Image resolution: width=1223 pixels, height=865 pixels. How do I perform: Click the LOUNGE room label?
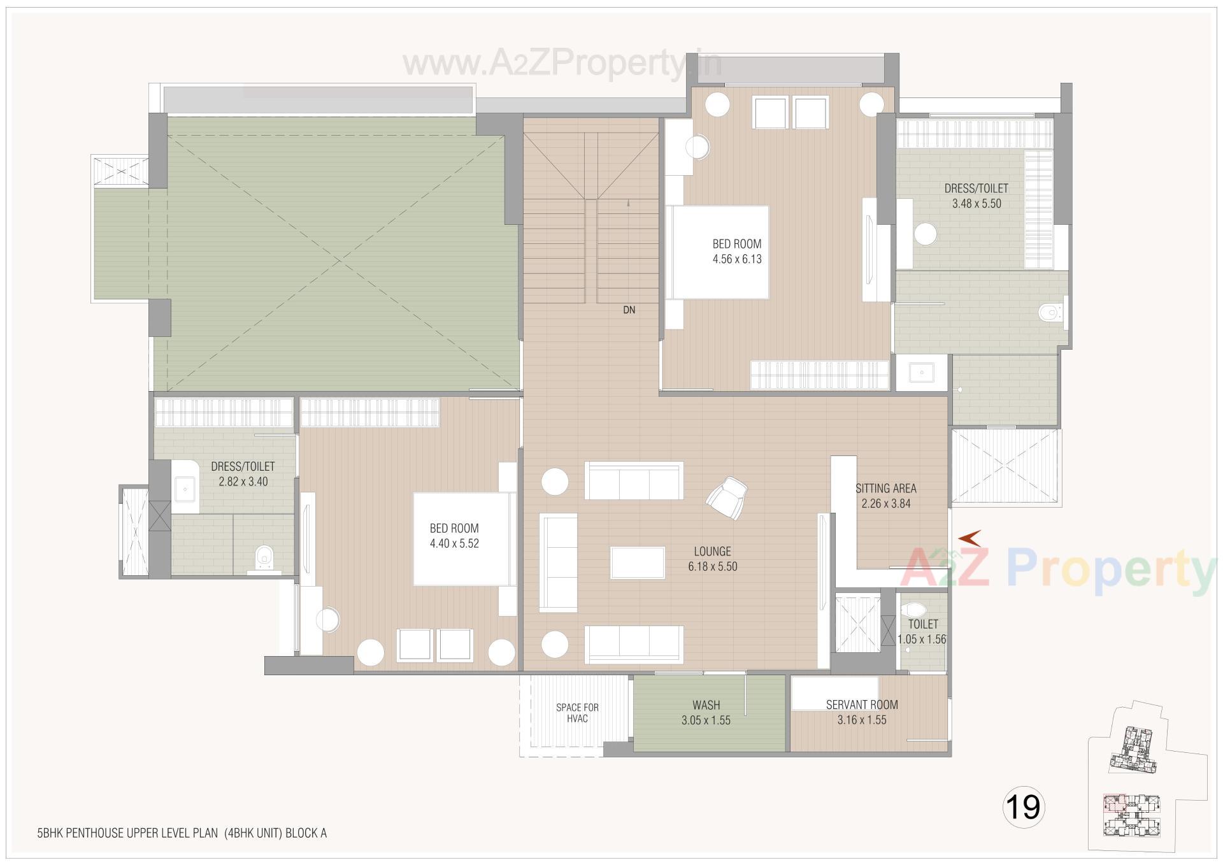pos(712,551)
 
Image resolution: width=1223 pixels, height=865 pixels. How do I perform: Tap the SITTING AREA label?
pos(885,489)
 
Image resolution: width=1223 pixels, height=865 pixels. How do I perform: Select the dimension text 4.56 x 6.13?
pos(737,259)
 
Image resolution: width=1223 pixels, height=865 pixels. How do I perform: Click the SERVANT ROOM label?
pos(862,704)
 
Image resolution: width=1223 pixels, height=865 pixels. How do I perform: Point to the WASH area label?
pos(706,705)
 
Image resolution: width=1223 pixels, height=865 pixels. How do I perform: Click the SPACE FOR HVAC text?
pos(577,713)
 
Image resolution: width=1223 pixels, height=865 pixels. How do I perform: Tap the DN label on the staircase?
pos(629,310)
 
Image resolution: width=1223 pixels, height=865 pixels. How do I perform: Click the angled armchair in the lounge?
pos(727,498)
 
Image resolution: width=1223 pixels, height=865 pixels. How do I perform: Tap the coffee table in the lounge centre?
pos(638,562)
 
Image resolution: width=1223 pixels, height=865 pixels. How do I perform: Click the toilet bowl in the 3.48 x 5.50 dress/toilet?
pos(1050,313)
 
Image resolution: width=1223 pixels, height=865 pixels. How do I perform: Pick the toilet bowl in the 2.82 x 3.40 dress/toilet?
pos(264,557)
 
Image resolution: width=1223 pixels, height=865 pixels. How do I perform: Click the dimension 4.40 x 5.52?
pos(454,543)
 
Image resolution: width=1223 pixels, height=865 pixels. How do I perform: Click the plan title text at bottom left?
pos(182,833)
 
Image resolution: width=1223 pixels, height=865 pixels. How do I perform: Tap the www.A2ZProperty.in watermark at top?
pos(562,63)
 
